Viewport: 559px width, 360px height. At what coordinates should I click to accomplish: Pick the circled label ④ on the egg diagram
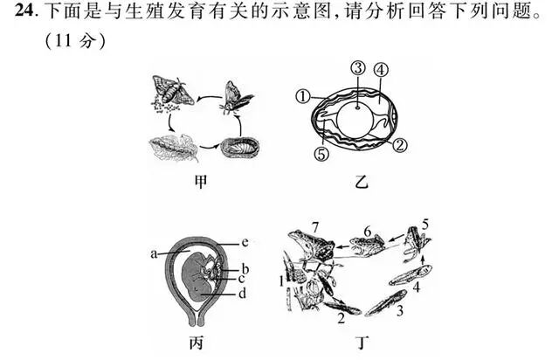click(x=381, y=70)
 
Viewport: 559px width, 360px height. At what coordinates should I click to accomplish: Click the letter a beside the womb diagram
click(x=153, y=253)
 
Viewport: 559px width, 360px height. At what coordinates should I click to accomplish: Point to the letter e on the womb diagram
click(x=245, y=242)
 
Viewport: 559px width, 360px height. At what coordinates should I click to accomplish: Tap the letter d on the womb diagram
click(x=241, y=294)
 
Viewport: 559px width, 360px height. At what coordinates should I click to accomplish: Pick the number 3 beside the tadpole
click(x=398, y=310)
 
